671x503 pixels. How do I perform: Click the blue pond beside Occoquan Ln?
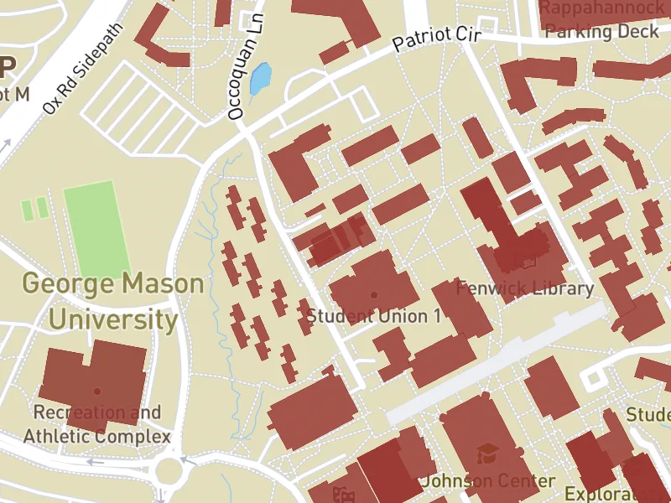coord(261,80)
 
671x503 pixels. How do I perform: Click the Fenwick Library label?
coord(524,289)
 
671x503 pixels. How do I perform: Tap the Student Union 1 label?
coord(373,317)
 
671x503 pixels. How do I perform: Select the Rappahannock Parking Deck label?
coord(602,20)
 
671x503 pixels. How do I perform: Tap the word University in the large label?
coord(112,320)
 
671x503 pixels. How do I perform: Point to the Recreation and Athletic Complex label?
coord(96,425)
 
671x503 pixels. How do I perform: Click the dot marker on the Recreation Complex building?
coord(97,392)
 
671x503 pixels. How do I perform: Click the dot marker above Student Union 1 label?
coord(373,295)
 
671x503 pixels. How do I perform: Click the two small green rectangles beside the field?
coord(34,209)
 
